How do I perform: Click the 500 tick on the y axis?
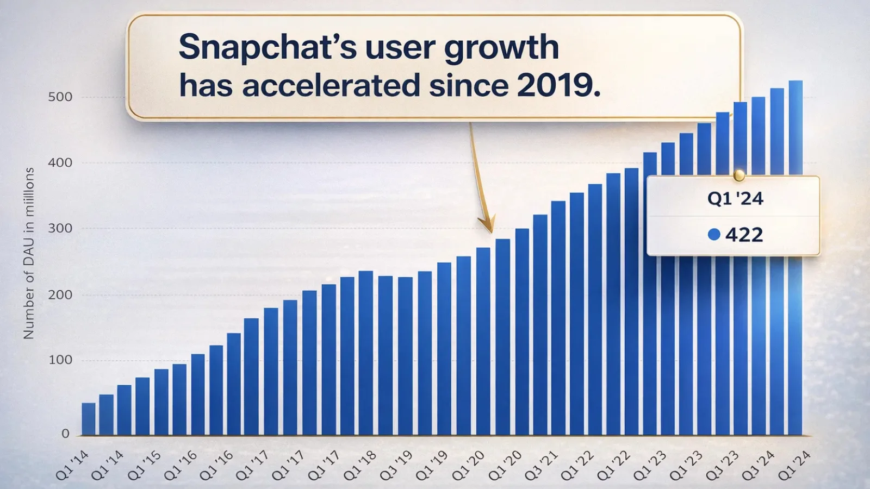pyautogui.click(x=60, y=97)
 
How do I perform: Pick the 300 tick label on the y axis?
pyautogui.click(x=60, y=229)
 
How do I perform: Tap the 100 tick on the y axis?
pyautogui.click(x=60, y=360)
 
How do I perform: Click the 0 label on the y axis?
pyautogui.click(x=65, y=434)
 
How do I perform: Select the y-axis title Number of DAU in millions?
pyautogui.click(x=29, y=253)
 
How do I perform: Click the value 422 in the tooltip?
pyautogui.click(x=744, y=235)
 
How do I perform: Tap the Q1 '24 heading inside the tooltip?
pyautogui.click(x=735, y=198)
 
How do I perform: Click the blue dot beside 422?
pyautogui.click(x=714, y=234)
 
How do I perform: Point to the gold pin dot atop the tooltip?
pyautogui.click(x=738, y=175)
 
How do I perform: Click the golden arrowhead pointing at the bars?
pyautogui.click(x=487, y=225)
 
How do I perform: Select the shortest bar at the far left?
pyautogui.click(x=89, y=419)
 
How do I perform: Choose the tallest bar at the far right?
pyautogui.click(x=796, y=255)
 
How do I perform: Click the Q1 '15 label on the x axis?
pyautogui.click(x=144, y=466)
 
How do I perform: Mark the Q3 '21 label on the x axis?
pyautogui.click(x=541, y=466)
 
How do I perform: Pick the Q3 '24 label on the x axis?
pyautogui.click(x=758, y=466)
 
